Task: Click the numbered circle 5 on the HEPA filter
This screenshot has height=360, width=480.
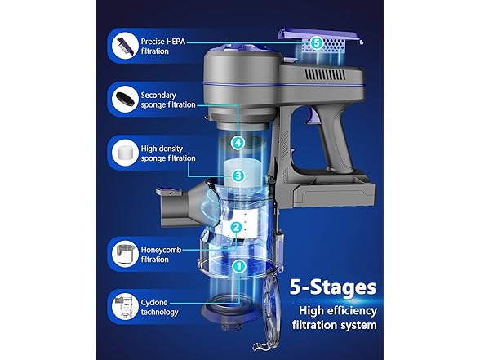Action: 317,42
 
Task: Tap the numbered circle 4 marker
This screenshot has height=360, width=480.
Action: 238,143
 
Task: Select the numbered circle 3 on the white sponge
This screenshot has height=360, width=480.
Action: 238,176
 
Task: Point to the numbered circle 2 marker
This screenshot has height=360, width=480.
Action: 237,228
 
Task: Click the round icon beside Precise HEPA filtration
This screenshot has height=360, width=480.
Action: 125,46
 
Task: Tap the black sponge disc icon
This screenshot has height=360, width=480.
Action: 125,100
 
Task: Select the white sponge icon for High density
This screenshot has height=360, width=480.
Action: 125,153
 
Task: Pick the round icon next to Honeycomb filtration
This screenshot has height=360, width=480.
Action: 125,254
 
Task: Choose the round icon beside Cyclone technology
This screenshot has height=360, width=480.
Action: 125,306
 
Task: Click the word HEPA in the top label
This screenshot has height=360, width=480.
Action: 176,42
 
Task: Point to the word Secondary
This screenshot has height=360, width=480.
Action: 158,96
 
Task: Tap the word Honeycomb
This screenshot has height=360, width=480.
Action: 161,250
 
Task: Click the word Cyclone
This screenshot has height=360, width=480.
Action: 154,303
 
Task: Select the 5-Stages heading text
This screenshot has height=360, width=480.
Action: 333,287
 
